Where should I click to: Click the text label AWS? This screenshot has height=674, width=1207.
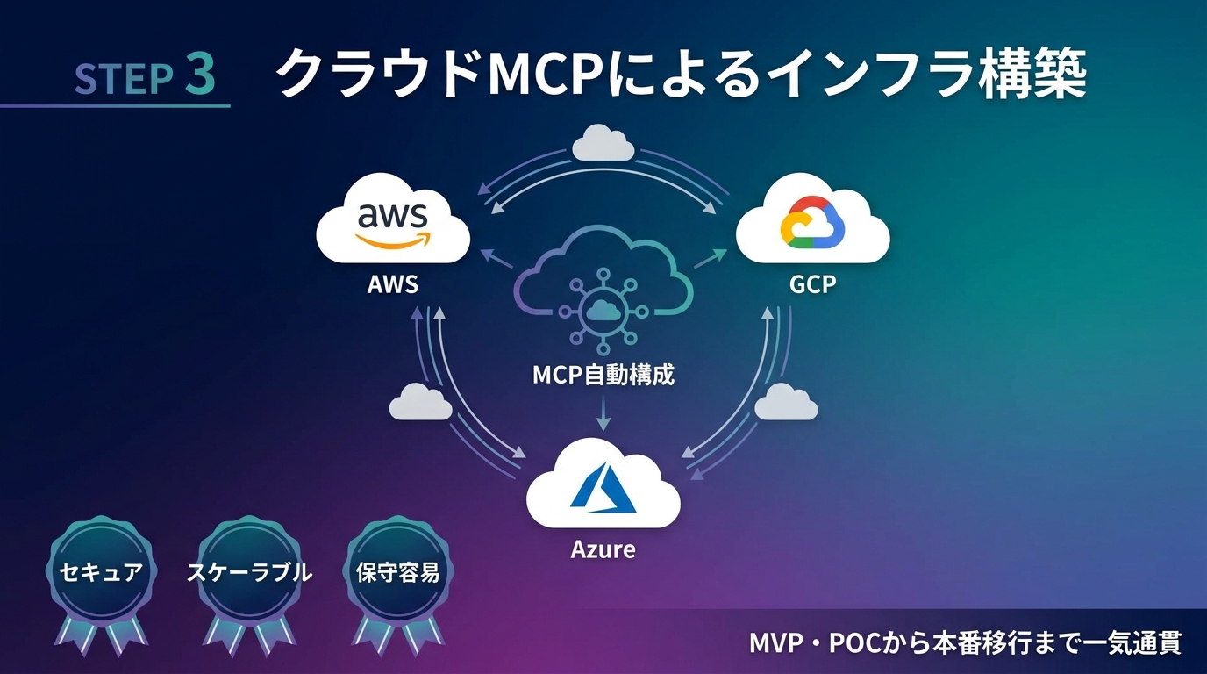coord(392,284)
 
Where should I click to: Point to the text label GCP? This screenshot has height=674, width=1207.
coord(812,284)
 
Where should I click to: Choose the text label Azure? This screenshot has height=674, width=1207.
coord(603,550)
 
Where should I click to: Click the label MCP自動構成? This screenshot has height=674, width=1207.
coord(603,375)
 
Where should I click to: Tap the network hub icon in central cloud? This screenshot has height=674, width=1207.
coord(603,308)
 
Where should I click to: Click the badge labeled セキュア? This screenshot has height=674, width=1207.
coord(100,573)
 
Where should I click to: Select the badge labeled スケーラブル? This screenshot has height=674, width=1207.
coord(249,573)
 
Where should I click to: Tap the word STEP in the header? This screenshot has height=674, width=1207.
coord(123,79)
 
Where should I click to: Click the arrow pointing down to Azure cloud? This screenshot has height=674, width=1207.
coord(603,412)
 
